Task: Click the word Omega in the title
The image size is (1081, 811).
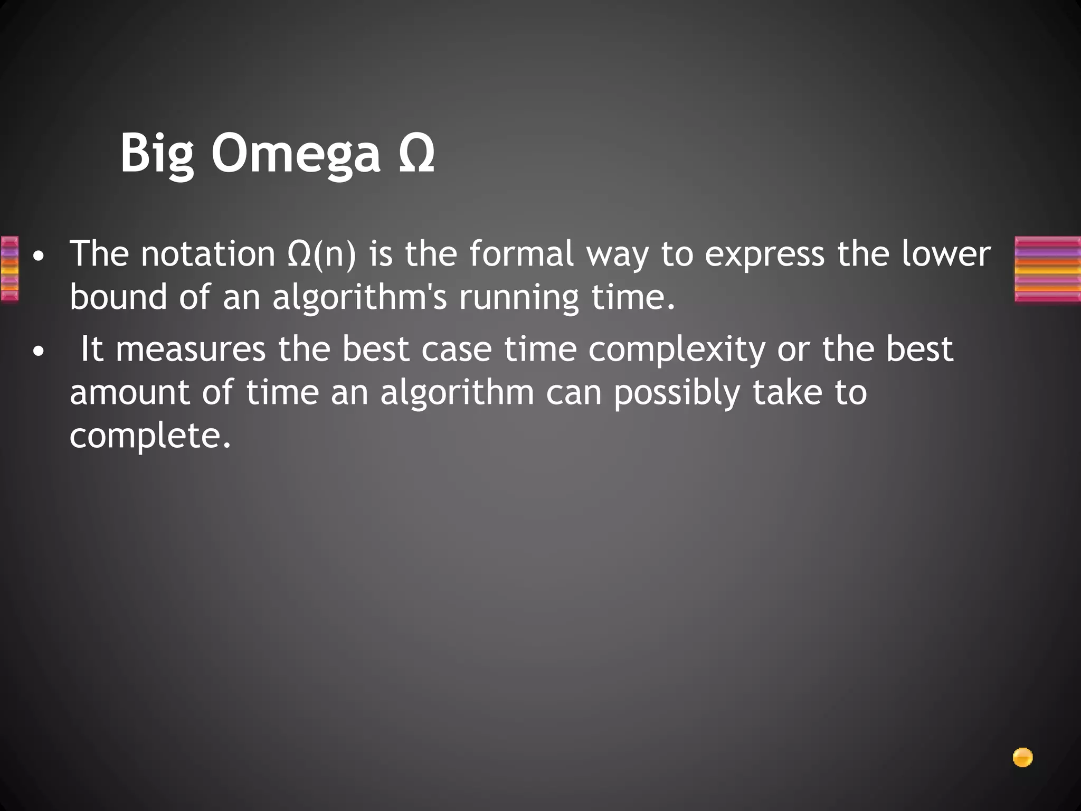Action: (296, 153)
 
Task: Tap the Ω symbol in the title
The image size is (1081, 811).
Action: (416, 153)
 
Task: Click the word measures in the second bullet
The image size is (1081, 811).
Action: (191, 350)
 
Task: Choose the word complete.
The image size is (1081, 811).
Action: (150, 436)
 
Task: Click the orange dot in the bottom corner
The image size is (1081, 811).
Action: (1022, 758)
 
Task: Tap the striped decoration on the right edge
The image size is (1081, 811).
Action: (1048, 269)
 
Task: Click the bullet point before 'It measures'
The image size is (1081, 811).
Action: (37, 351)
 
